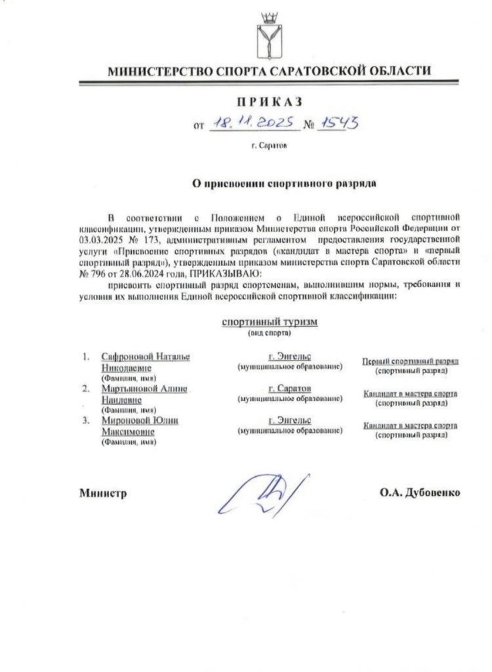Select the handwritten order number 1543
[x=337, y=123]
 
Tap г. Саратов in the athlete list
[x=289, y=388]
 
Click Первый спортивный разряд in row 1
[x=410, y=362]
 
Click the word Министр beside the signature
[x=102, y=493]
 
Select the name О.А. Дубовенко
[x=419, y=493]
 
